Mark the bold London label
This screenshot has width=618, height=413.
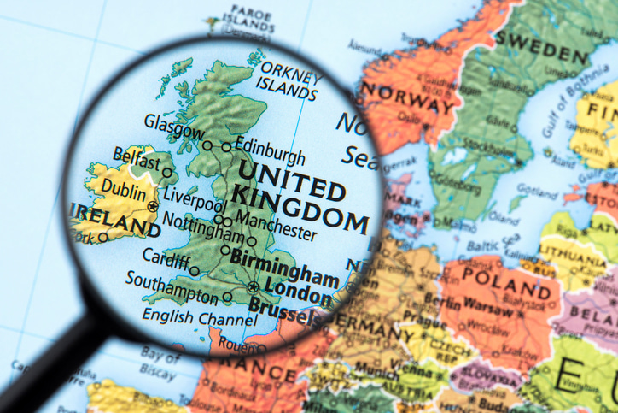(x=298, y=291)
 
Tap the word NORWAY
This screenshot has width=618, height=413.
(x=407, y=97)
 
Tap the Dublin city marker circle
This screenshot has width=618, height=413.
(x=153, y=206)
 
